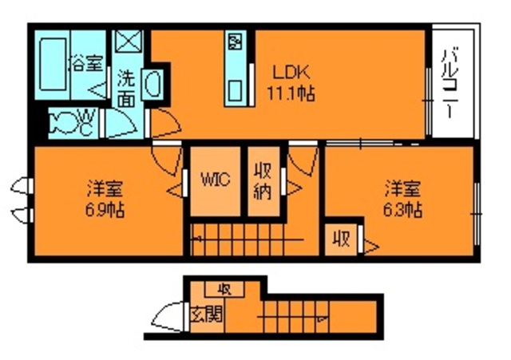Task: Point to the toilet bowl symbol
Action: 64,121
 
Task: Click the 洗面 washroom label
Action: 126,89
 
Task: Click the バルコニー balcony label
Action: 450,84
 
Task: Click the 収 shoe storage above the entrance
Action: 225,288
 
